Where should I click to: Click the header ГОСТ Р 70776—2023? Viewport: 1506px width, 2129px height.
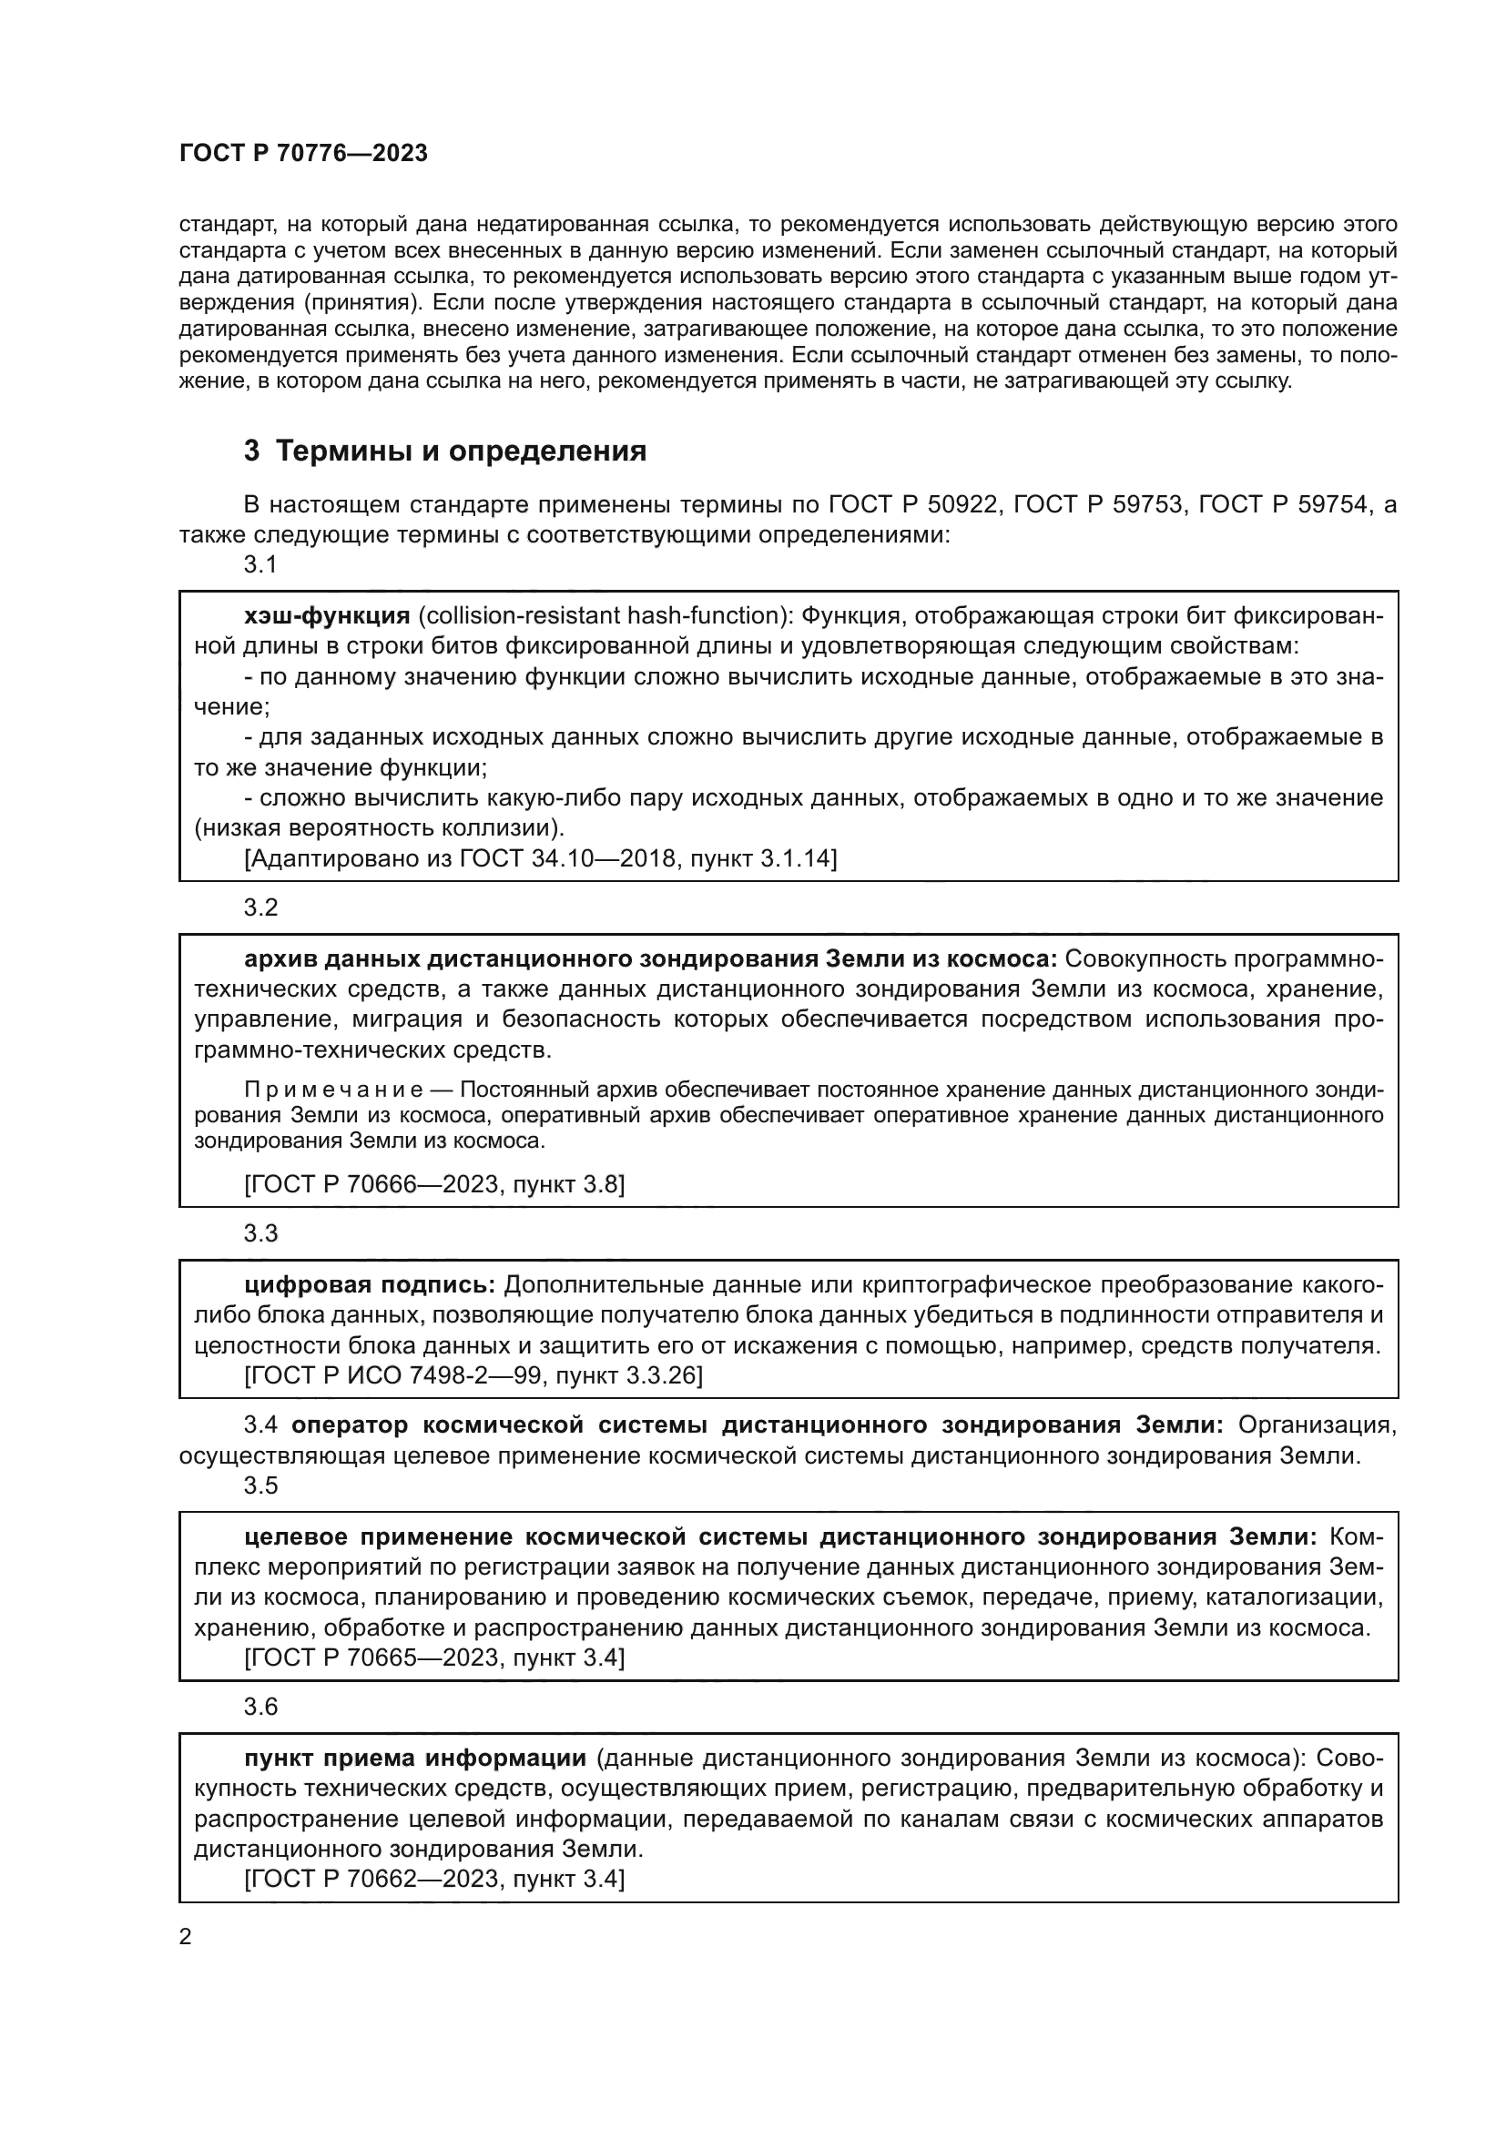[303, 154]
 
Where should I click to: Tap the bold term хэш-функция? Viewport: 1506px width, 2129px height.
[327, 615]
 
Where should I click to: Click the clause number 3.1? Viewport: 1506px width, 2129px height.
[260, 563]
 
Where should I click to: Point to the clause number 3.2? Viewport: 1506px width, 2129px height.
[260, 907]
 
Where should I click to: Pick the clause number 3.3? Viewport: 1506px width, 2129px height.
[260, 1233]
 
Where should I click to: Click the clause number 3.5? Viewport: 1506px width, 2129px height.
[260, 1485]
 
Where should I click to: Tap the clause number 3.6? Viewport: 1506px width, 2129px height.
[260, 1707]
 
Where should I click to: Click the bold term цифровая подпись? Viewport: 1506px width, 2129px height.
[370, 1285]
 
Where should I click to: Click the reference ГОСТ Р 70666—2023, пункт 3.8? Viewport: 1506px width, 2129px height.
[434, 1184]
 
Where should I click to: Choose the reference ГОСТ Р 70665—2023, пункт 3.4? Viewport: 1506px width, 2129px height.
[434, 1658]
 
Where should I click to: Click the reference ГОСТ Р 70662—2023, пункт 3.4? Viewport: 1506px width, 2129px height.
[434, 1880]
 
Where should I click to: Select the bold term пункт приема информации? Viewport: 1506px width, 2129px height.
[414, 1759]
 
